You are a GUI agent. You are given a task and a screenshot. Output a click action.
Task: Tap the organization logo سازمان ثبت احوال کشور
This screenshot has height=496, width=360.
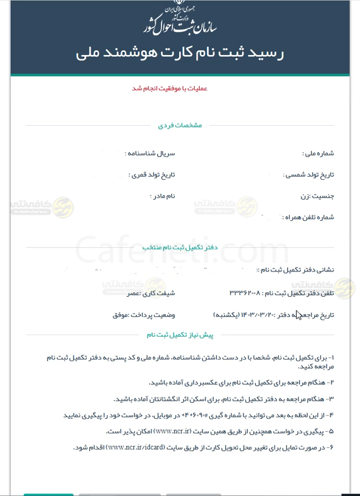(180, 19)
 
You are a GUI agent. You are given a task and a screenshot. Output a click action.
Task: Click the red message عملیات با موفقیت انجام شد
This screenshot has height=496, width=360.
(170, 88)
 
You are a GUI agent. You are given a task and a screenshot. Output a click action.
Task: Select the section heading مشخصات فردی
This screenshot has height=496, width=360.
(180, 125)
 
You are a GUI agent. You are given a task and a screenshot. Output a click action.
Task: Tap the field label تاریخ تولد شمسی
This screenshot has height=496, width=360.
(310, 175)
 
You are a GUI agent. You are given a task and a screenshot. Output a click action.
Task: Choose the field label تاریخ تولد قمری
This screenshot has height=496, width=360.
(152, 175)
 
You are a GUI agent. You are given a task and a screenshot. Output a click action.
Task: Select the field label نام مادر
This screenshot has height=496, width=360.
(162, 196)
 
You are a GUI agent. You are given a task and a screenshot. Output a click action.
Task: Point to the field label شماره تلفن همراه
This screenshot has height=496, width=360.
(307, 217)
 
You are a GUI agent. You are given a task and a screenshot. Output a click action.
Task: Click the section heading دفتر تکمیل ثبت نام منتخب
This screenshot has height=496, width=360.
(180, 247)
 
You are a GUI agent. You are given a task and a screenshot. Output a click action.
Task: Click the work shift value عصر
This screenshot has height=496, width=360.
(133, 293)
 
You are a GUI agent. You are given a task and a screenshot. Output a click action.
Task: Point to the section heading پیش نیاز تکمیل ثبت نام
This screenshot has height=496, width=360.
(180, 335)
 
